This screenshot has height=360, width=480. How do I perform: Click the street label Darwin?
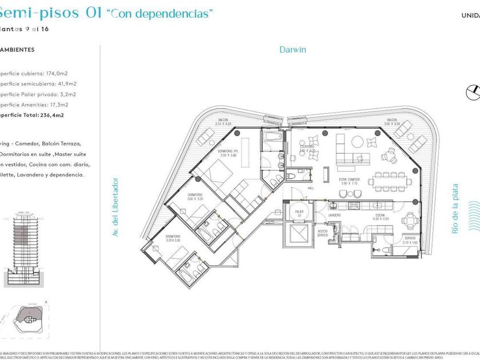tap(293, 50)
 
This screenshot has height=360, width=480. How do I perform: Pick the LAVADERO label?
tap(335, 215)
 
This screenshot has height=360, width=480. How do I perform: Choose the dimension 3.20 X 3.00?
tap(173, 241)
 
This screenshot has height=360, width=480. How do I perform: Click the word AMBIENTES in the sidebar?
tap(17, 50)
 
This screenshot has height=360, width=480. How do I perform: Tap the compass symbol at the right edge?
tap(472, 91)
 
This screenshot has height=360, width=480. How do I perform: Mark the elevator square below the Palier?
tap(299, 235)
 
